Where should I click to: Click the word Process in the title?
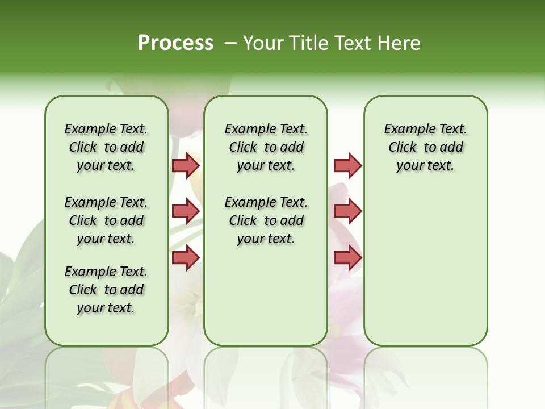point(175,43)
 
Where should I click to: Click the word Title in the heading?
point(307,43)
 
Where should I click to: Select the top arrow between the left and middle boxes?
point(186,165)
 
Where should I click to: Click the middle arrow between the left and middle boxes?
point(186,211)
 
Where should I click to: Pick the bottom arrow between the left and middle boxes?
point(186,257)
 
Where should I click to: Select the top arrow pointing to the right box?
point(347,165)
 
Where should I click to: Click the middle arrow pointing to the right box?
point(347,211)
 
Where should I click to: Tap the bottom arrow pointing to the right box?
point(347,257)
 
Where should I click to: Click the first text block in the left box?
point(106,147)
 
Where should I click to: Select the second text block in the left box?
point(106,220)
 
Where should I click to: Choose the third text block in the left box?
point(106,290)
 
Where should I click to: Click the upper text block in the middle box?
point(266,147)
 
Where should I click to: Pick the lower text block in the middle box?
point(266,220)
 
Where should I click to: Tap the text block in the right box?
point(425,147)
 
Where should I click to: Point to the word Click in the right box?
point(403,148)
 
